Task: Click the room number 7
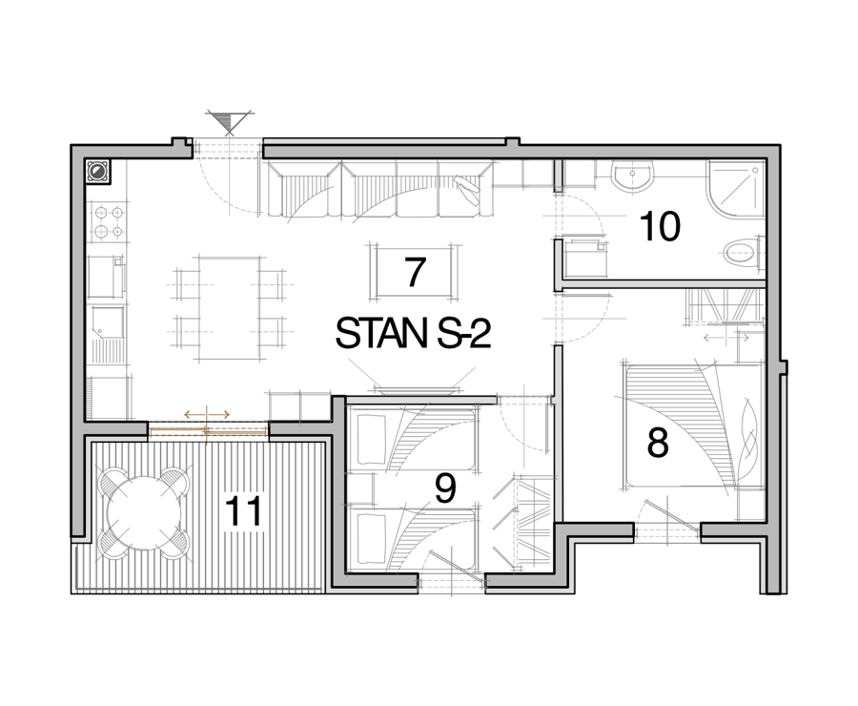[x=415, y=272]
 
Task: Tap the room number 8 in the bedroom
[x=658, y=443]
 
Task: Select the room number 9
[x=445, y=489]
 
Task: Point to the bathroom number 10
[x=660, y=226]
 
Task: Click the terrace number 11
[x=243, y=511]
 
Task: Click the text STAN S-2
[x=413, y=334]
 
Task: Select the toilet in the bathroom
[x=743, y=254]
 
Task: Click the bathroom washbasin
[x=633, y=176]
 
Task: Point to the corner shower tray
[x=735, y=188]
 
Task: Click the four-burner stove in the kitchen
[x=109, y=221]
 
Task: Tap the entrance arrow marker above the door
[x=229, y=122]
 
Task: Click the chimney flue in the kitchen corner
[x=97, y=171]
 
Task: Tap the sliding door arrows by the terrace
[x=207, y=415]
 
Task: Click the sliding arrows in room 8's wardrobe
[x=725, y=338]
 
